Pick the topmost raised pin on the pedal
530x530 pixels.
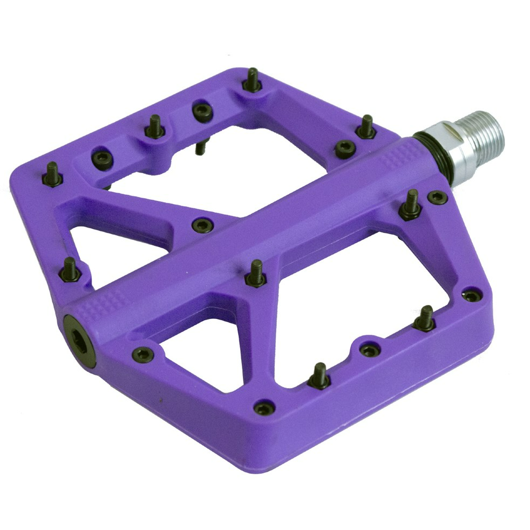point(252,81)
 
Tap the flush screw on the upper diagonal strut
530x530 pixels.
point(202,225)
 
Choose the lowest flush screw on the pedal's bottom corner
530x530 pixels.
point(264,408)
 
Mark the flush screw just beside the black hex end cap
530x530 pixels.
point(142,354)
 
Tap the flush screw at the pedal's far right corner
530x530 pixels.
point(471,296)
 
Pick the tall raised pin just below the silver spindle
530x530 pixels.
point(411,205)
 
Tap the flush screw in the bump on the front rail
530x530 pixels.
point(370,350)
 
